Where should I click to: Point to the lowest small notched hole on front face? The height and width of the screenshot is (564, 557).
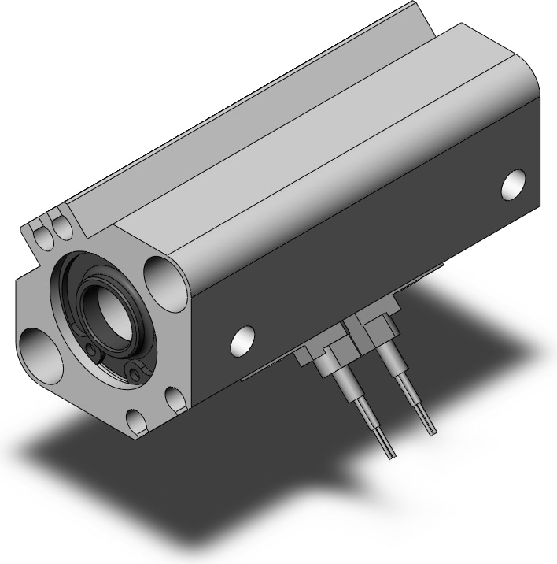[x=136, y=421]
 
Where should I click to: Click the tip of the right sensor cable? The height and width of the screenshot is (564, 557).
[x=430, y=429]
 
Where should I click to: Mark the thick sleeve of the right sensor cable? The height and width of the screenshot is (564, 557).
[x=390, y=363]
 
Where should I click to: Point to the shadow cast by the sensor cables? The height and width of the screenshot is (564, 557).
[x=370, y=481]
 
